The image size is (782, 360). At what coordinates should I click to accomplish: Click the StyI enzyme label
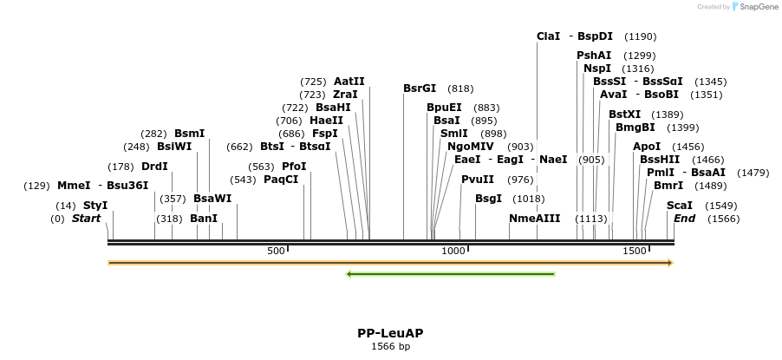pyautogui.click(x=95, y=206)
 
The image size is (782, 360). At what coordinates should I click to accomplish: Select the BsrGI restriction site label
pyautogui.click(x=420, y=88)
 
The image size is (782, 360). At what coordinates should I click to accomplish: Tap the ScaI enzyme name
pyautogui.click(x=680, y=206)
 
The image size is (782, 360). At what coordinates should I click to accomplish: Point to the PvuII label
pyautogui.click(x=478, y=180)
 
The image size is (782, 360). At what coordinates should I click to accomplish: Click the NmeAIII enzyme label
pyautogui.click(x=535, y=219)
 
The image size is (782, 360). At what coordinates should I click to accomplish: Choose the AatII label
pyautogui.click(x=349, y=82)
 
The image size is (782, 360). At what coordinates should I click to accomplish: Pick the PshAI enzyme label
pyautogui.click(x=594, y=56)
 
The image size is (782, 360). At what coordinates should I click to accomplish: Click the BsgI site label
pyautogui.click(x=488, y=199)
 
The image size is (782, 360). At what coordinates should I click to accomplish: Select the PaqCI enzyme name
pyautogui.click(x=281, y=180)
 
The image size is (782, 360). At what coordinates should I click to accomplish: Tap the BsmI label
pyautogui.click(x=190, y=134)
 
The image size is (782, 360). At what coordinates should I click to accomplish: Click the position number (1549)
pyautogui.click(x=721, y=206)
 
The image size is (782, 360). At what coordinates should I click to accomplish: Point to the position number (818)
pyautogui.click(x=460, y=88)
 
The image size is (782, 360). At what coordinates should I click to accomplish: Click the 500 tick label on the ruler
pyautogui.click(x=276, y=251)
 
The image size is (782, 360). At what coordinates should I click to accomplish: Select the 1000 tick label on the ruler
pyautogui.click(x=454, y=251)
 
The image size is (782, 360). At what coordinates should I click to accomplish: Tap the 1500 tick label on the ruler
pyautogui.click(x=635, y=251)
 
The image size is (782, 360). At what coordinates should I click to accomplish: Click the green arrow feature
pyautogui.click(x=450, y=275)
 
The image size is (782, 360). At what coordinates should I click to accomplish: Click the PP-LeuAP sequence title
pyautogui.click(x=390, y=333)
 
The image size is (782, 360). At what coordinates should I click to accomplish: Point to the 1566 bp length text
pyautogui.click(x=390, y=347)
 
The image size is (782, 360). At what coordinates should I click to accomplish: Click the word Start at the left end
pyautogui.click(x=86, y=219)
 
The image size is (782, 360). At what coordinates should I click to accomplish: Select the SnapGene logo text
pyautogui.click(x=759, y=7)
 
